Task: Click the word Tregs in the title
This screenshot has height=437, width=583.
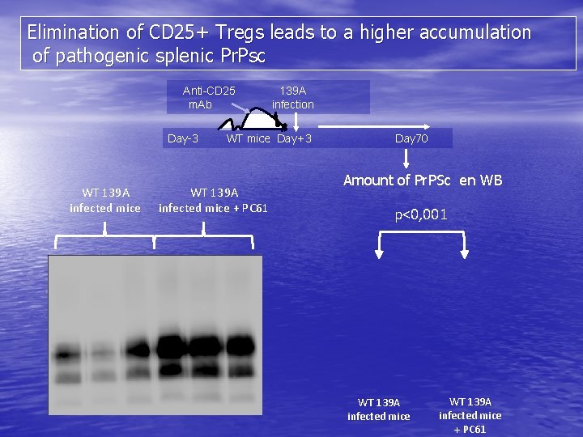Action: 239,33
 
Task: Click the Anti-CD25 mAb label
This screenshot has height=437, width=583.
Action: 208,97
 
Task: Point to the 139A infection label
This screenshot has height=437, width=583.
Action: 292,97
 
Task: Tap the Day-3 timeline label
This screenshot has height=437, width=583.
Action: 183,138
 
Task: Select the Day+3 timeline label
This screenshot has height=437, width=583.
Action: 294,138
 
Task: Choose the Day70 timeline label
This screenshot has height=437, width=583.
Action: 411,138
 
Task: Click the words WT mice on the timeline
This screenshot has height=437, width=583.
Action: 249,138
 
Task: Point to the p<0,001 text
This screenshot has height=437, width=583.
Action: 421,214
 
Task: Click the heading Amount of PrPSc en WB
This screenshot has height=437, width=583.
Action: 423,180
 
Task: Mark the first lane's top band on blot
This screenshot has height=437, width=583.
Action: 64,353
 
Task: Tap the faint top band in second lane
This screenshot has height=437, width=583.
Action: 100,352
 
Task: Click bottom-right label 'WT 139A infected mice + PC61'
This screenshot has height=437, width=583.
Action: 470,415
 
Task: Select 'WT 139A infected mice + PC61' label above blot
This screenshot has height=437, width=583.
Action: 213,200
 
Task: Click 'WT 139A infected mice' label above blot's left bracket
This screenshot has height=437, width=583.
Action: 105,200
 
